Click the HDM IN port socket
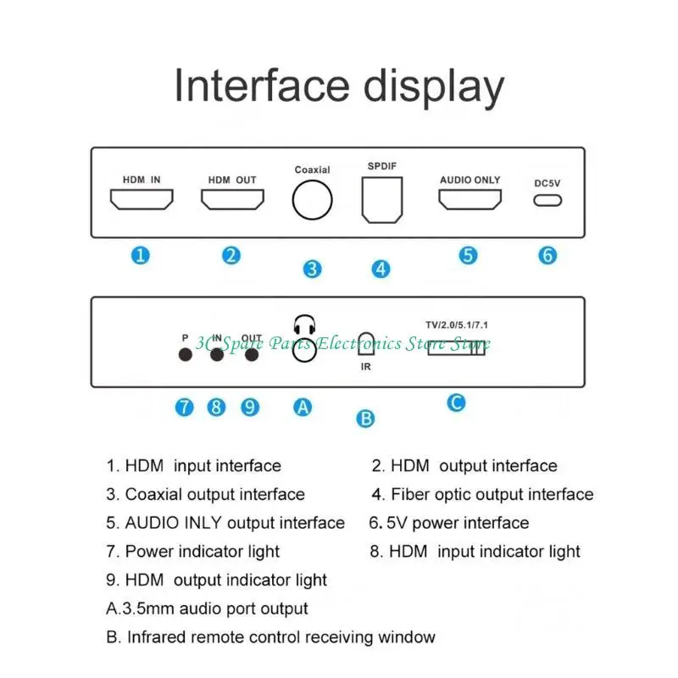(x=142, y=199)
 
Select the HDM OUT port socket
(x=232, y=199)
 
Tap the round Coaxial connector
(x=312, y=201)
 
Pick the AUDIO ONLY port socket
(x=469, y=199)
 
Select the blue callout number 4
(x=381, y=269)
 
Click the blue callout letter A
(x=303, y=407)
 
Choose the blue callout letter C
(x=456, y=402)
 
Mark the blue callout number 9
(x=249, y=407)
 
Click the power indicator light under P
(x=185, y=355)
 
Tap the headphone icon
(x=303, y=325)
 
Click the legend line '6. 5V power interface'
(x=449, y=523)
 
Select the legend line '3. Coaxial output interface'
(x=205, y=494)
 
